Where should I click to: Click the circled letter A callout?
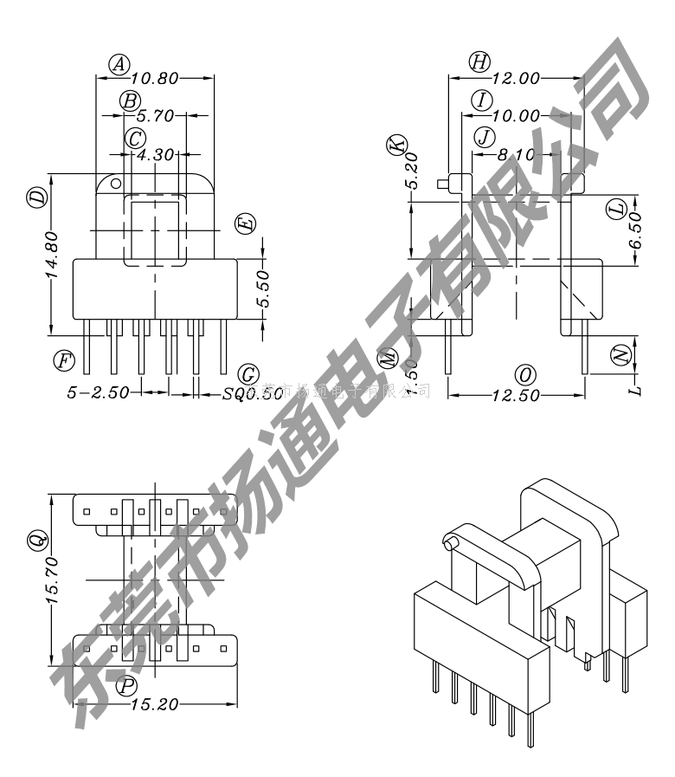(x=119, y=62)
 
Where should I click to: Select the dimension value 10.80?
(x=155, y=79)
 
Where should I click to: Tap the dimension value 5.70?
(x=156, y=115)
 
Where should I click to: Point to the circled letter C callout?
(x=135, y=138)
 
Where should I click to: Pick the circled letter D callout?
(x=36, y=199)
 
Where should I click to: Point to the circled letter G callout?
(x=248, y=374)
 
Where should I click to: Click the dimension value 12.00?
(x=515, y=79)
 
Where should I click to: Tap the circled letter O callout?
(x=524, y=374)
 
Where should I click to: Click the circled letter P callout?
(x=128, y=686)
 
